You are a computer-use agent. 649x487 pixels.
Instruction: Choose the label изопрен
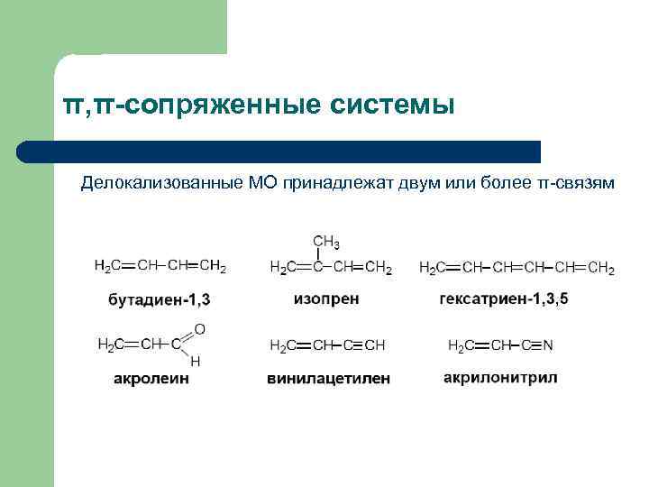pos(326,298)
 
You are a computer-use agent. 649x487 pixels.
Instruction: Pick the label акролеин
pos(151,379)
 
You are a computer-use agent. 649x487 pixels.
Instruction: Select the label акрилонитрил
pos(500,377)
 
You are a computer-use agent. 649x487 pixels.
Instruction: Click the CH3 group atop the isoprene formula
pos(325,242)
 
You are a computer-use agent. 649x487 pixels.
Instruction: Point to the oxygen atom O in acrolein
pos(199,329)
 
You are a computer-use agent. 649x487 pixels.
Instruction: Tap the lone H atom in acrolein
pos(196,361)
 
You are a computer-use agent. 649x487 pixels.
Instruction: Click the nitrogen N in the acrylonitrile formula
pos(548,345)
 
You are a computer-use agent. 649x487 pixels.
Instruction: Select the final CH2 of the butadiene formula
pos(213,266)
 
